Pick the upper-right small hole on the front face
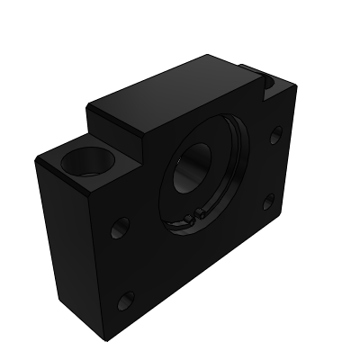[x=275, y=139]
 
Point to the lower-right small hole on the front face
[x=268, y=203]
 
